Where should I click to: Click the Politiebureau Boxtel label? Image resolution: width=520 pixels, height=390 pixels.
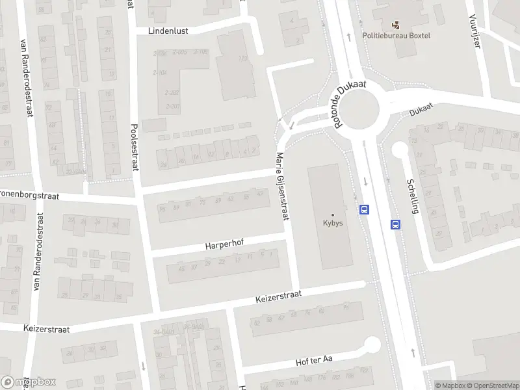coord(396,35)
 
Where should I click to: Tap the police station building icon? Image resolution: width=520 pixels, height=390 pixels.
coord(396,25)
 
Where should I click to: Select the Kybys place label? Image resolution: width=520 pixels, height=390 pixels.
coord(333,222)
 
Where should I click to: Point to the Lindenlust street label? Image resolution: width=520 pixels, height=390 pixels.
coord(168,30)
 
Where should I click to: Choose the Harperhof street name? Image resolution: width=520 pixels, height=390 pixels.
coord(224,246)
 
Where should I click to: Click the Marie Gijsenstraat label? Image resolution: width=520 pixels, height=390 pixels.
coord(281,187)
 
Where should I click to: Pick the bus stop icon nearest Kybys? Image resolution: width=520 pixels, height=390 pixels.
coord(365,209)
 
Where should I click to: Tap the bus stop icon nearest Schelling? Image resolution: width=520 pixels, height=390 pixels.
coord(395,224)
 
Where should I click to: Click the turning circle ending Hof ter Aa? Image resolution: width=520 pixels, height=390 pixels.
coord(372,344)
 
